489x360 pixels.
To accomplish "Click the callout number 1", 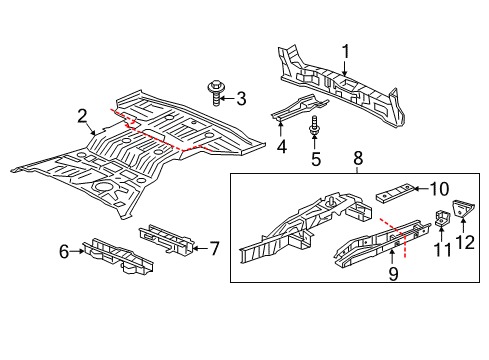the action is click(346, 51).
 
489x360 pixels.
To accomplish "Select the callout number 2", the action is click(82, 116).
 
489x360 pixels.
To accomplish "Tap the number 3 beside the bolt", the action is click(241, 99).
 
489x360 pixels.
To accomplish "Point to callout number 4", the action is click(282, 147).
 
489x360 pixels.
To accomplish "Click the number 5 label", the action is click(316, 159).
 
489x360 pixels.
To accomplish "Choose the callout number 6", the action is click(64, 251).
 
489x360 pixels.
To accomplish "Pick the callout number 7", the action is click(213, 249).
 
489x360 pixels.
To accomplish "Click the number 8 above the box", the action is click(358, 158).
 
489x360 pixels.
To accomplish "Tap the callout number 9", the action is click(393, 274).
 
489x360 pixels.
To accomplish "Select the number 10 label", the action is click(439, 189).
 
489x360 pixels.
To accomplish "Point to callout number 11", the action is click(442, 250).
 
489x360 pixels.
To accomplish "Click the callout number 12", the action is click(465, 242).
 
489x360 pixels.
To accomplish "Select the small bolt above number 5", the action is click(314, 126).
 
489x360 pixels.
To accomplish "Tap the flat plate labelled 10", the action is click(395, 193).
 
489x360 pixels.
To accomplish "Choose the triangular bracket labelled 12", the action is click(463, 208).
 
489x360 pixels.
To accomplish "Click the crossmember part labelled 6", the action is click(118, 257).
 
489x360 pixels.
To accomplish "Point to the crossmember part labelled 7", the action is click(166, 238).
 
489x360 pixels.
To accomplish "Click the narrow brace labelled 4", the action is click(299, 107).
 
